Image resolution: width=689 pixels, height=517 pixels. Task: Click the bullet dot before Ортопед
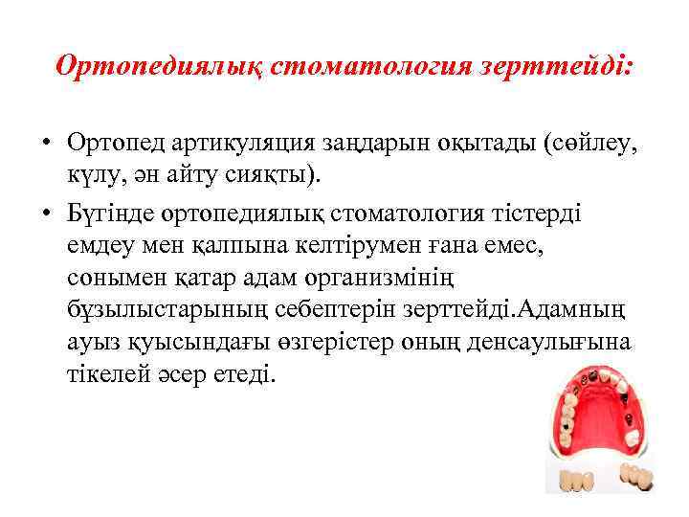click(x=46, y=143)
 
